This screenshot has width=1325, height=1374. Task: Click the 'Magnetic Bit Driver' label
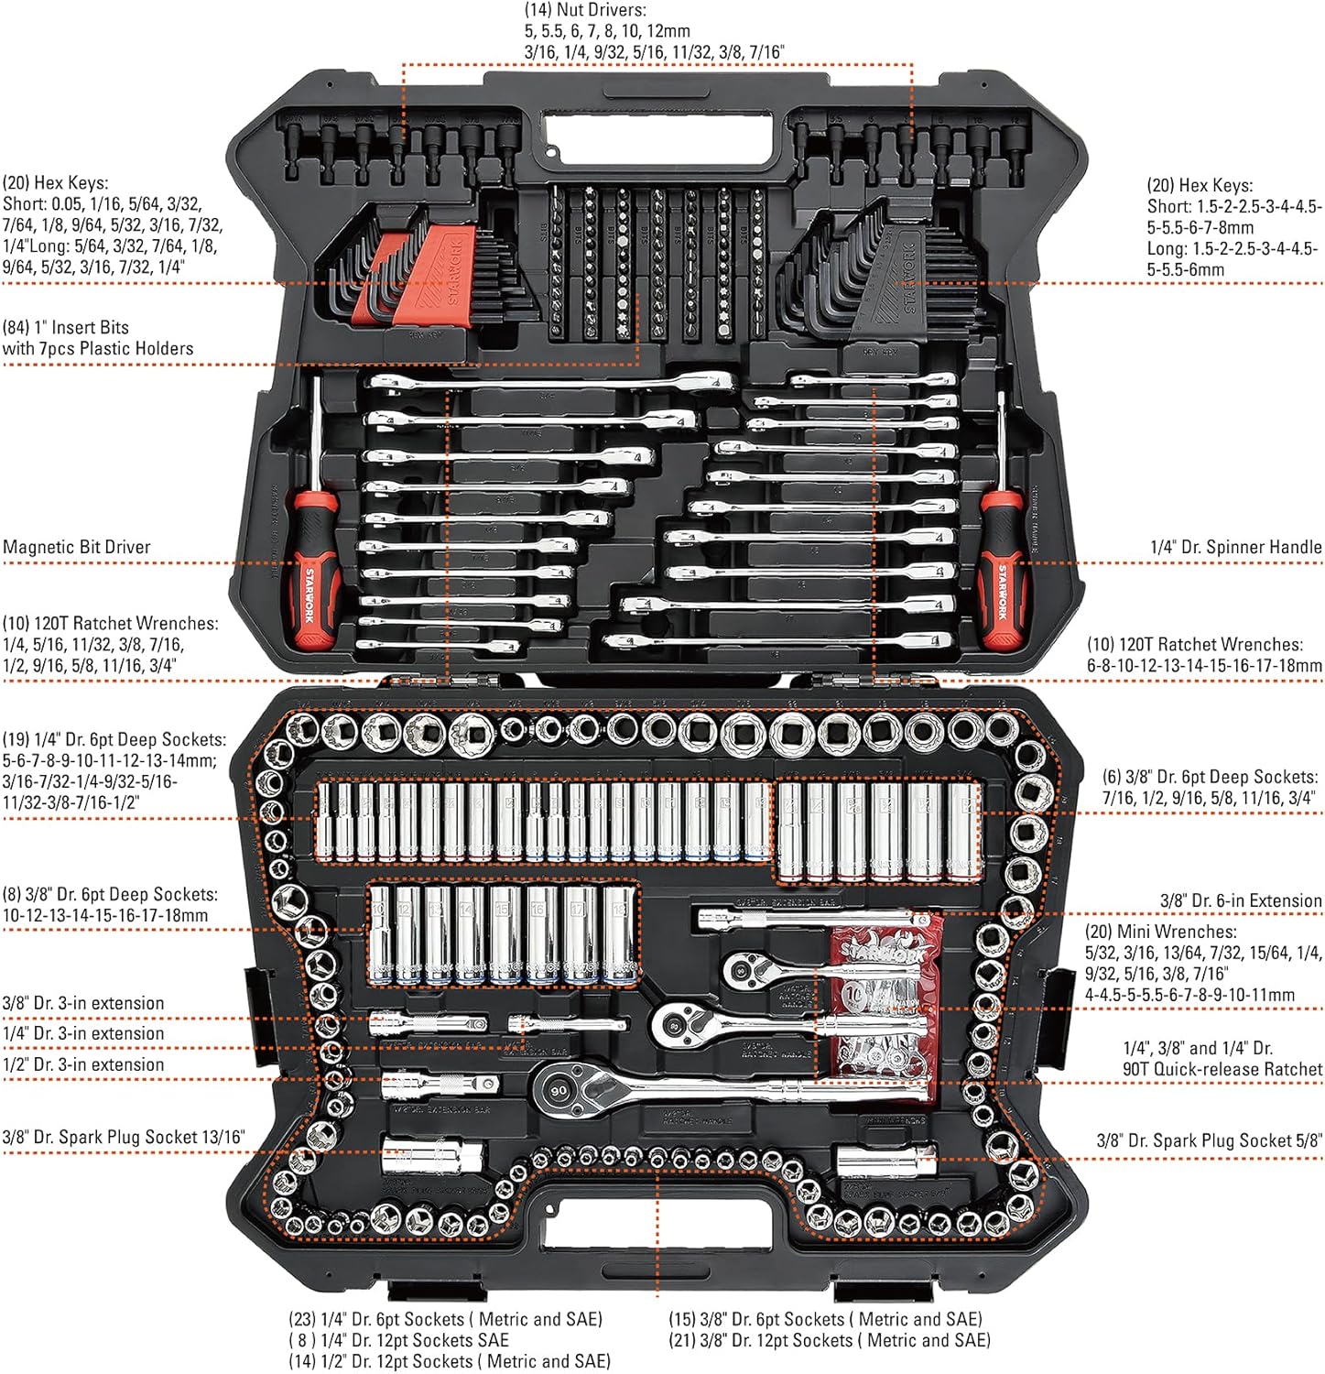click(x=77, y=547)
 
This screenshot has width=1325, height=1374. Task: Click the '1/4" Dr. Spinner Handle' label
click(x=1235, y=547)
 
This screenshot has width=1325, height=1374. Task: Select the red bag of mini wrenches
click(x=885, y=1008)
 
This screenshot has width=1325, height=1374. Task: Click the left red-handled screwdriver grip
click(x=310, y=568)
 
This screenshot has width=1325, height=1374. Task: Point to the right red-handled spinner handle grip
click(x=1004, y=568)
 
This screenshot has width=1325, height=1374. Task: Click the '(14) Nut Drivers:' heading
click(x=585, y=10)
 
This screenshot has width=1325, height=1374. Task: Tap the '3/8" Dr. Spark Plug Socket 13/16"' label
click(x=124, y=1137)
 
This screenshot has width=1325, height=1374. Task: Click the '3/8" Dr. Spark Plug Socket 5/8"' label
click(x=1209, y=1140)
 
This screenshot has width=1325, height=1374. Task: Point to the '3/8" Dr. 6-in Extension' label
click(x=1241, y=900)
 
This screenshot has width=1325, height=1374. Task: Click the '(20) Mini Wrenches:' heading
click(x=1160, y=932)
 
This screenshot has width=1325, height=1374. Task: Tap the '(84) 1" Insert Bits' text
click(x=66, y=327)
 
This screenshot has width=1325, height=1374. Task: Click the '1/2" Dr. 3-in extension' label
click(x=83, y=1064)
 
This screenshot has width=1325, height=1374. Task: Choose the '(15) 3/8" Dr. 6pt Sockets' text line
click(x=825, y=1319)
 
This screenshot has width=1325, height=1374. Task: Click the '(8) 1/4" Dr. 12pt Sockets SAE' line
click(x=398, y=1340)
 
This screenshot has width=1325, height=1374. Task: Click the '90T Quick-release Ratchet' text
click(x=1222, y=1069)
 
